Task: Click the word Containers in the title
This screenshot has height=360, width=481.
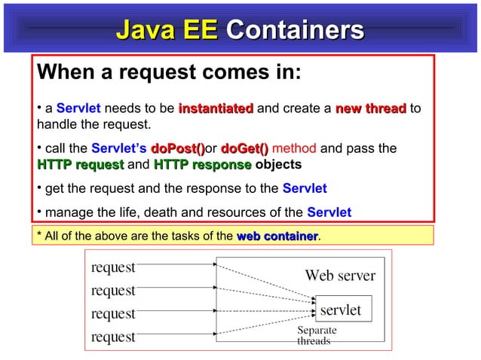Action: tap(295, 32)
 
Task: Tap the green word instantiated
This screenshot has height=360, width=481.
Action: tap(216, 108)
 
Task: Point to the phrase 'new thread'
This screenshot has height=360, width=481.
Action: tap(371, 108)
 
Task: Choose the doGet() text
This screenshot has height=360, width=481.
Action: tap(245, 148)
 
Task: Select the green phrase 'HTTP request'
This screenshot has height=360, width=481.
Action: tap(80, 164)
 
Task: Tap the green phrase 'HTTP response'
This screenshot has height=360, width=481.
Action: tap(202, 164)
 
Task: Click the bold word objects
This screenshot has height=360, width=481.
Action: tap(278, 164)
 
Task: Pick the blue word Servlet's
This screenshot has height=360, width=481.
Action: tap(119, 148)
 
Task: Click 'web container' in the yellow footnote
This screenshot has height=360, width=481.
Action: tap(277, 237)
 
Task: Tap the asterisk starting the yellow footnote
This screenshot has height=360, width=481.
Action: tap(39, 236)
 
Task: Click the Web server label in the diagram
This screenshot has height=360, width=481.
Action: tap(340, 276)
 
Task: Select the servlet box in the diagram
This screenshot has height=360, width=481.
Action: tap(341, 310)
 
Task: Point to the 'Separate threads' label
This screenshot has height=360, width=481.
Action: tap(317, 335)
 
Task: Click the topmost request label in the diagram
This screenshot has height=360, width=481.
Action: tap(113, 267)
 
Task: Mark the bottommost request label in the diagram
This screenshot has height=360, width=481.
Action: tap(113, 337)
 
